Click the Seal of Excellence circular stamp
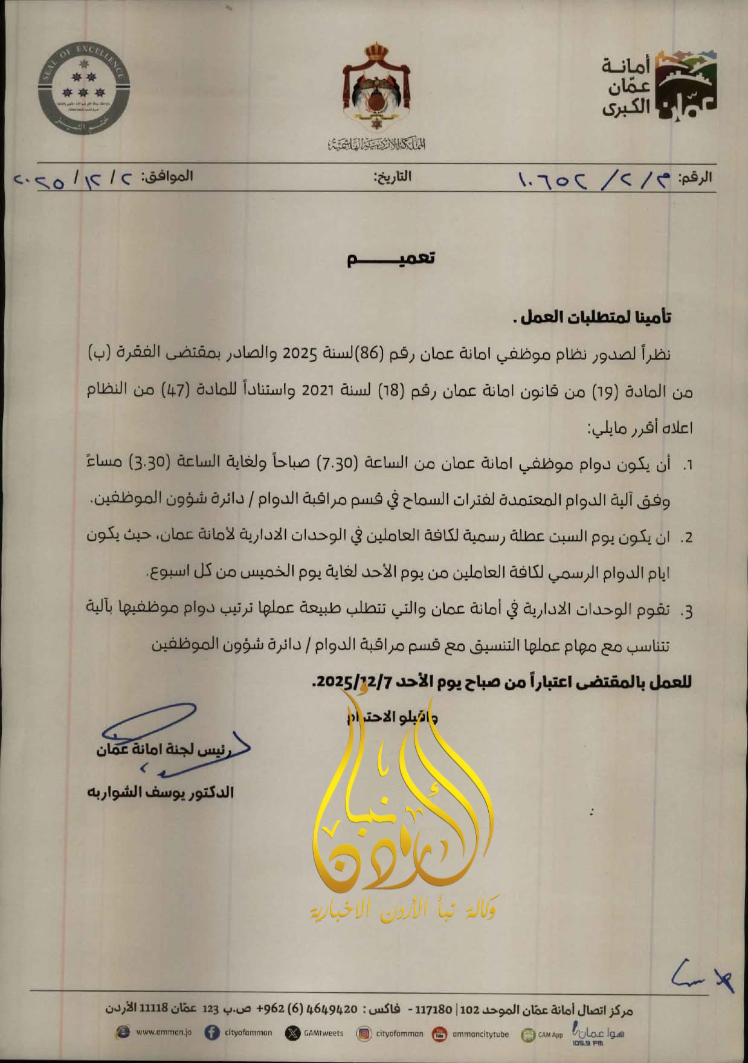pyautogui.click(x=83, y=89)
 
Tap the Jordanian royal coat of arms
pyautogui.click(x=377, y=88)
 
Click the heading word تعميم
pyautogui.click(x=391, y=258)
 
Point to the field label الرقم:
pyautogui.click(x=695, y=178)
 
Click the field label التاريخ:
pyautogui.click(x=392, y=177)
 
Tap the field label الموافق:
pyautogui.click(x=167, y=176)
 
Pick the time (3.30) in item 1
pyautogui.click(x=148, y=463)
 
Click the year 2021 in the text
pyautogui.click(x=318, y=390)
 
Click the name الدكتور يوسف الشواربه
pyautogui.click(x=161, y=792)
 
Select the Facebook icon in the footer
pyautogui.click(x=212, y=1033)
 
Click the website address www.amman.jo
pyautogui.click(x=164, y=1033)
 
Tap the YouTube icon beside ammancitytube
pyautogui.click(x=440, y=1034)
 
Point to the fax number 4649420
pyautogui.click(x=333, y=1009)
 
